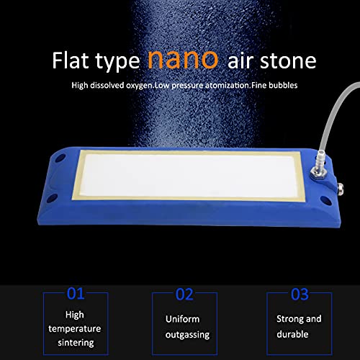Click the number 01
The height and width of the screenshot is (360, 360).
(x=76, y=294)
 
